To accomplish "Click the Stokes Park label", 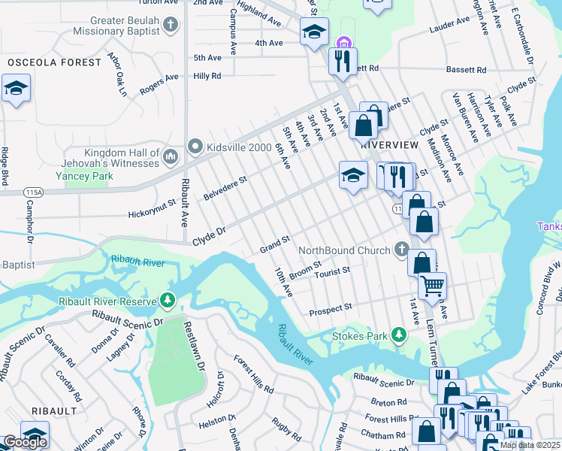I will pyautogui.click(x=358, y=334).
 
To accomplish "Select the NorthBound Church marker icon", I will pyautogui.click(x=403, y=250).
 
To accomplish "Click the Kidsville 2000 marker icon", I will pyautogui.click(x=195, y=147).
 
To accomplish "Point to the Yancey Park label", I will pyautogui.click(x=83, y=175).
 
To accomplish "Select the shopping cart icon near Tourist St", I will pyautogui.click(x=432, y=286).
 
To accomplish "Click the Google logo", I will pyautogui.click(x=24, y=442).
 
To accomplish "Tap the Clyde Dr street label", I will pyautogui.click(x=210, y=235).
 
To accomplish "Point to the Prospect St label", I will pyautogui.click(x=331, y=308).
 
